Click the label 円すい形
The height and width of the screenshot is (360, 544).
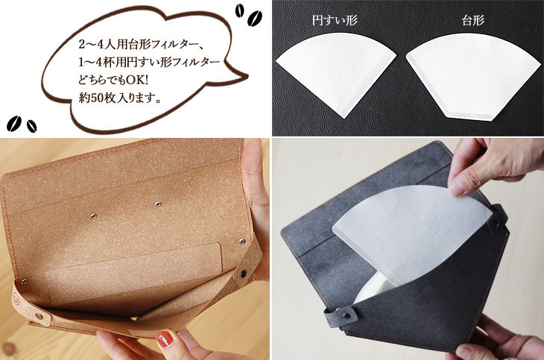335,20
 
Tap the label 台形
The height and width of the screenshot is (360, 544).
473,20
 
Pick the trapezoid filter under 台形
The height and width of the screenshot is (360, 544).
472,75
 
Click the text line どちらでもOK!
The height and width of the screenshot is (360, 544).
113,80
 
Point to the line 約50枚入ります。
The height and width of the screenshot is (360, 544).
121,98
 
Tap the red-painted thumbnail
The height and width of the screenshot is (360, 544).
165,339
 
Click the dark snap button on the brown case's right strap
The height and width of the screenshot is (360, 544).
243,274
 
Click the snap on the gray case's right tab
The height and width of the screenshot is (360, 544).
496,221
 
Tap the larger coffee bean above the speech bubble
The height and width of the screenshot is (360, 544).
255,18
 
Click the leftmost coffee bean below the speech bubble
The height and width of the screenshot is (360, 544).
14,124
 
